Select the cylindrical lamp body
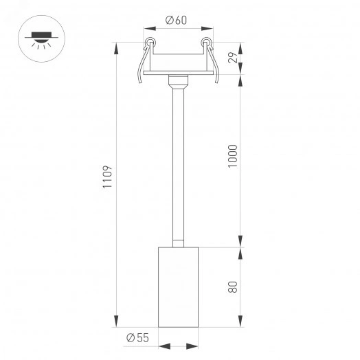[x=177, y=286]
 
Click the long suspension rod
[x=177, y=165]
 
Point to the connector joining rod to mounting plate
[x=177, y=83]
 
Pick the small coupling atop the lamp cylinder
[x=177, y=241]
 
